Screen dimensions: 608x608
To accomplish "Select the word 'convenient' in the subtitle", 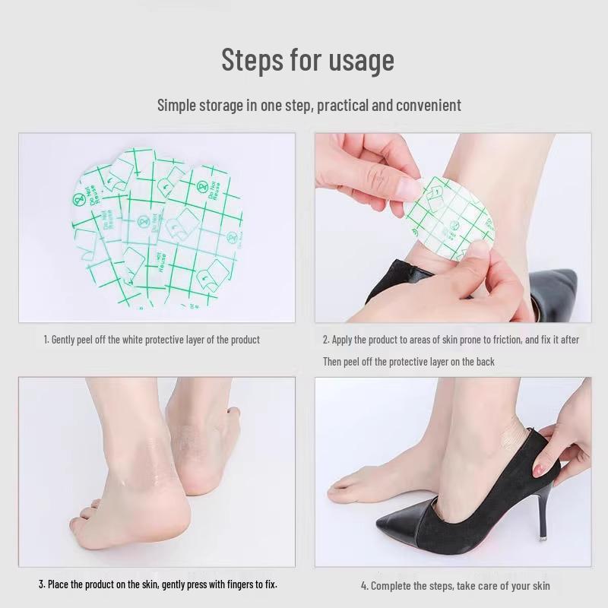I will pyautogui.click(x=425, y=105).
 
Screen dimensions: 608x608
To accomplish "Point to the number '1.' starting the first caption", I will pyautogui.click(x=46, y=340).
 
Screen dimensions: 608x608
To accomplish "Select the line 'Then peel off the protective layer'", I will pyautogui.click(x=408, y=362).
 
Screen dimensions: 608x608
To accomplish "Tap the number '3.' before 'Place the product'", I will pyautogui.click(x=42, y=584).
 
